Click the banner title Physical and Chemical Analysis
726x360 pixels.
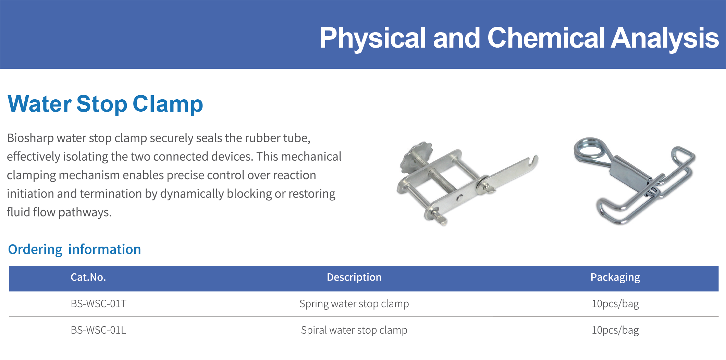point(519,38)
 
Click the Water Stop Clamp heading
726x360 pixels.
point(105,104)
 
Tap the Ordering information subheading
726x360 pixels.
point(74,250)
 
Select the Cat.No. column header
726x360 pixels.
point(88,277)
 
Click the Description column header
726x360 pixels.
point(354,277)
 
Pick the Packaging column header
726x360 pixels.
point(615,277)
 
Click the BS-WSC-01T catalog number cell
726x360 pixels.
point(99,304)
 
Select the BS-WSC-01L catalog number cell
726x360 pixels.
point(98,330)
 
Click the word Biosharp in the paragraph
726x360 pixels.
point(30,138)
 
